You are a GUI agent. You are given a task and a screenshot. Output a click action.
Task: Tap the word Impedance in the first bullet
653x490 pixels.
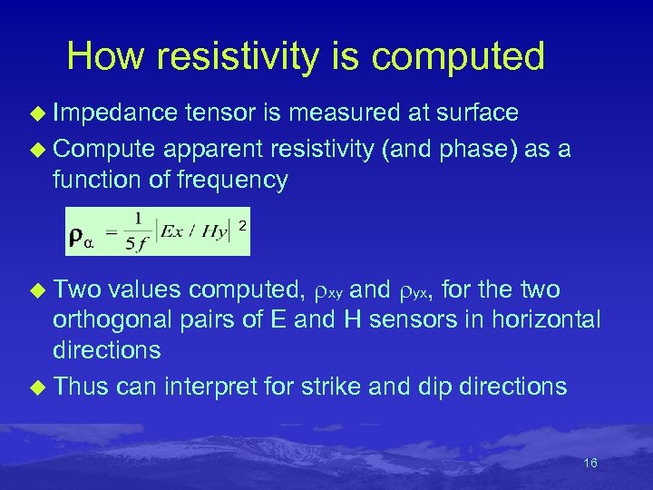[x=115, y=113]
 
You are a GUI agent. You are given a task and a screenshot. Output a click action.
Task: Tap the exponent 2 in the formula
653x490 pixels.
[x=241, y=222]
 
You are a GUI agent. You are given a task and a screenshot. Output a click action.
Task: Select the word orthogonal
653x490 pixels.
[x=103, y=320]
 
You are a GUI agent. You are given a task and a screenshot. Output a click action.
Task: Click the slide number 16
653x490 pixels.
[x=590, y=464]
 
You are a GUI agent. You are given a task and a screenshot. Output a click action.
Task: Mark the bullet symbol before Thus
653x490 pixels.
[x=38, y=387]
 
